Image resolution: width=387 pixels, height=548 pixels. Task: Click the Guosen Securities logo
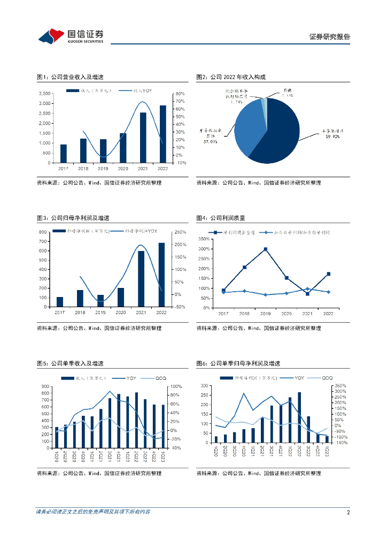[x=71, y=35]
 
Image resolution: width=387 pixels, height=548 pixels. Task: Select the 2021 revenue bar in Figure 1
[x=143, y=138]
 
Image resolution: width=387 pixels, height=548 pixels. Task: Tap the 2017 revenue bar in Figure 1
[x=64, y=154]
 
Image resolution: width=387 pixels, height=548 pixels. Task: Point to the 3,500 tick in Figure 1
[x=45, y=94]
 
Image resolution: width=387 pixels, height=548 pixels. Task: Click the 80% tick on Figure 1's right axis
[x=180, y=94]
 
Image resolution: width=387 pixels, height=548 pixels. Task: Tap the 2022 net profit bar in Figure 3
[x=162, y=275]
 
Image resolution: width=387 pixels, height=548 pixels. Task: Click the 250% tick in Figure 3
[x=180, y=232]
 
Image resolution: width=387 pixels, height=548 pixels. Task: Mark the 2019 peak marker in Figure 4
[x=265, y=249]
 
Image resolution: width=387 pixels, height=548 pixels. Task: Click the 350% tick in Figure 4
[x=204, y=239]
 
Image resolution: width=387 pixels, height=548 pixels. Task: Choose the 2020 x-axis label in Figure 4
[x=287, y=313]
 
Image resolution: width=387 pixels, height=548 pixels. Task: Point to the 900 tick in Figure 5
[x=44, y=386]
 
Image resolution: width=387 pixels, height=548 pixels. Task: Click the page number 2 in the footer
[x=348, y=512]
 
